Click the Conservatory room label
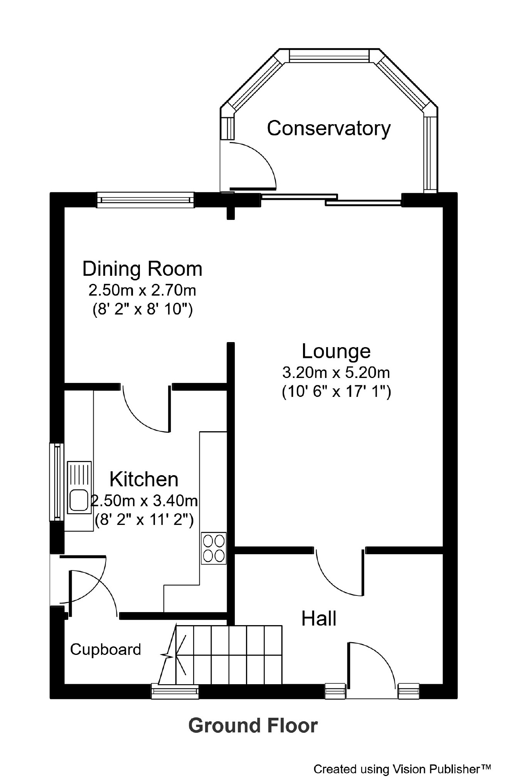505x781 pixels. tap(329, 128)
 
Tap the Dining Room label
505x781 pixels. tap(142, 269)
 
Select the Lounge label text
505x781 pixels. tap(336, 351)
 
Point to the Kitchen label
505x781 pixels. tap(144, 479)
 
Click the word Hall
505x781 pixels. tap(319, 618)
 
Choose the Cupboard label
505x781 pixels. tap(106, 650)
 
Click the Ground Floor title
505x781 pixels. tap(253, 725)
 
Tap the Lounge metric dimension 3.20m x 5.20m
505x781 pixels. tap(336, 373)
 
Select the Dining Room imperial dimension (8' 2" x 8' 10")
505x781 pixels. tap(142, 309)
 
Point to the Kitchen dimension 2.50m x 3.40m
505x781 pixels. tap(144, 501)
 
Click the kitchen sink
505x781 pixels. tap(79, 487)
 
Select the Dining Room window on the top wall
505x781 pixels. tap(145, 200)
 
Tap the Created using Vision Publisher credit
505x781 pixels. tap(402, 769)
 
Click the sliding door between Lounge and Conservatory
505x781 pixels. tap(332, 199)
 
